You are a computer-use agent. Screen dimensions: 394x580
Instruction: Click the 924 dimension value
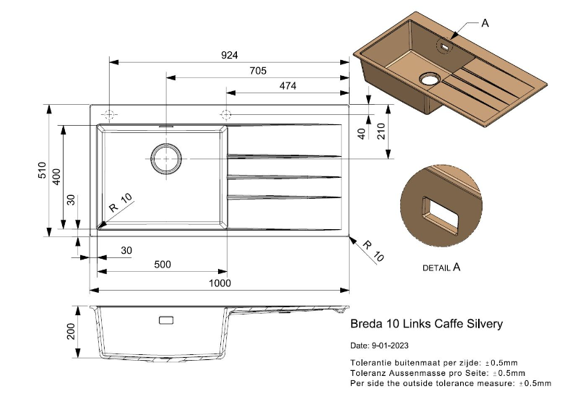pos(230,56)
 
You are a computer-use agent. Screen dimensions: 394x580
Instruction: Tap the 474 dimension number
pos(287,85)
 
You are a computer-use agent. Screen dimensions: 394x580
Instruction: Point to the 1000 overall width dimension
pos(220,283)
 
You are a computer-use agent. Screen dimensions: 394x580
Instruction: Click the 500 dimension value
pos(163,265)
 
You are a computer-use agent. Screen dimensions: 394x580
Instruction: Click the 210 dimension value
pos(381,132)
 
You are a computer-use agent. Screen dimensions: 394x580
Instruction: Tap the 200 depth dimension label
pos(71,331)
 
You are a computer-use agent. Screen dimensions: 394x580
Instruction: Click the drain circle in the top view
pos(166,158)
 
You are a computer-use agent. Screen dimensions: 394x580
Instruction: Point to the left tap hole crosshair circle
pos(109,115)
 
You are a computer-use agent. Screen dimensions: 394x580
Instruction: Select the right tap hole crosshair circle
pos(226,114)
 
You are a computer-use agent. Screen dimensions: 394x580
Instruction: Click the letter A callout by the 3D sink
pos(485,23)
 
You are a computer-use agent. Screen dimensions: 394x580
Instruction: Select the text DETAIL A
pos(441,267)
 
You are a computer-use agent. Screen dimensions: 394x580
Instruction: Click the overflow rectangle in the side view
pos(166,320)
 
